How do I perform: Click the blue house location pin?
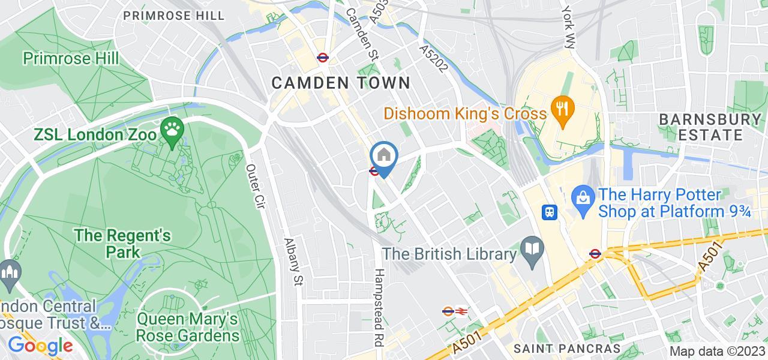[x=384, y=156]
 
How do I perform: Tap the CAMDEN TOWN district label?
[x=341, y=83]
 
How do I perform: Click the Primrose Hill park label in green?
[x=70, y=58]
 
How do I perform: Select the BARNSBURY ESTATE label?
[x=710, y=127]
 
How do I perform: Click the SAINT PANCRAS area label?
[x=567, y=349]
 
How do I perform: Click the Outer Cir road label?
[x=256, y=187]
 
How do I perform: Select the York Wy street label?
[x=568, y=27]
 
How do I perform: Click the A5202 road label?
[x=434, y=58]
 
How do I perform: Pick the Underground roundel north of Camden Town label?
[x=322, y=58]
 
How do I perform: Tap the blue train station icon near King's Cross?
[x=549, y=211]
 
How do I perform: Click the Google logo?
[x=40, y=346]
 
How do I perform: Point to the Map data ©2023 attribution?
[x=717, y=352]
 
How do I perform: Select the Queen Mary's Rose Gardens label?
[x=188, y=326]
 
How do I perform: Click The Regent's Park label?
[x=123, y=243]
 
